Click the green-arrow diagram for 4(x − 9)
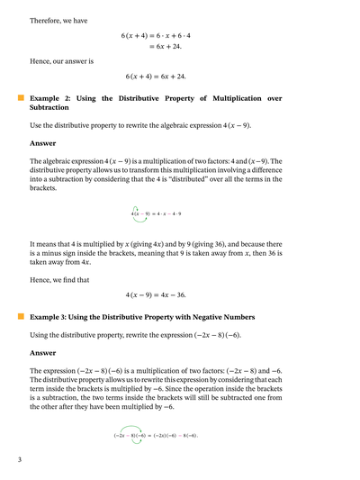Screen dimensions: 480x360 156,213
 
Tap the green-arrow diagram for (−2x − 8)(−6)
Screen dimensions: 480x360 155,434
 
